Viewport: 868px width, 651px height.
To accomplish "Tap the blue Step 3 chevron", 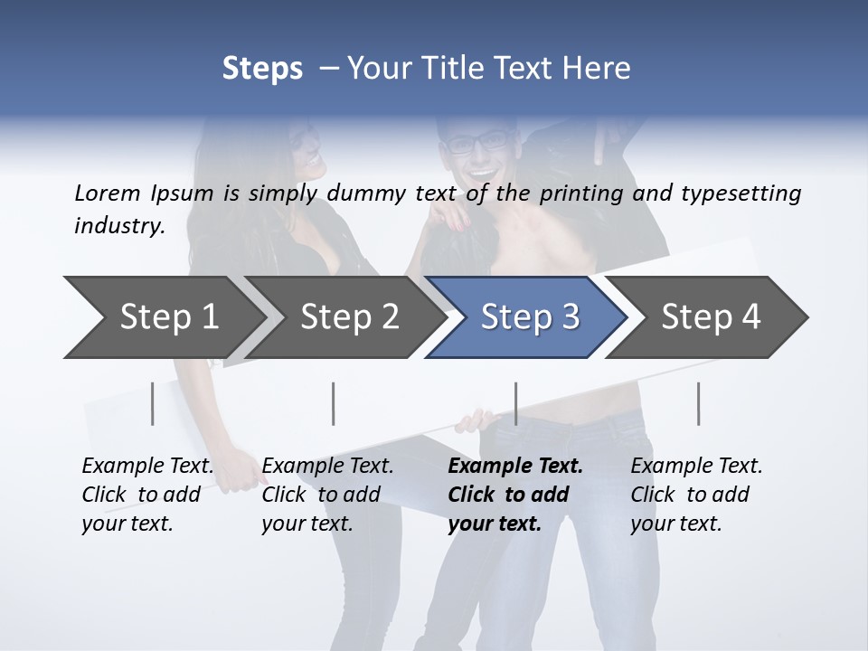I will (x=530, y=317).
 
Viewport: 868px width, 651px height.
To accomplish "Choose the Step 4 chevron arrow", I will (x=711, y=317).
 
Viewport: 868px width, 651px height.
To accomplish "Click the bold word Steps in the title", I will (x=262, y=69).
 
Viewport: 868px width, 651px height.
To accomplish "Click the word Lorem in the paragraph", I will (x=107, y=193).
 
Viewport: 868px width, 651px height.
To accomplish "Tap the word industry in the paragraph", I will (x=119, y=225).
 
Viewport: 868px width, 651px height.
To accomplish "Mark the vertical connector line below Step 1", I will (x=153, y=403).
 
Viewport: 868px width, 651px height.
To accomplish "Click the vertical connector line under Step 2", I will (x=334, y=403).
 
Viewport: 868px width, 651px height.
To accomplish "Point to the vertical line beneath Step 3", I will (x=515, y=403).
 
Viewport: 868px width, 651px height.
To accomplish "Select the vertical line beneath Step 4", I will (x=698, y=403).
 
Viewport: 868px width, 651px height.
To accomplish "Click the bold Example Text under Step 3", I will (x=515, y=467).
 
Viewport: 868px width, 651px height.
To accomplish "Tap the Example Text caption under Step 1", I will (x=147, y=467).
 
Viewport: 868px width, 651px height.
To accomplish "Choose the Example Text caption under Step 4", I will (x=696, y=467).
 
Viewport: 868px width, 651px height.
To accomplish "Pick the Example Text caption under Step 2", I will (x=327, y=467).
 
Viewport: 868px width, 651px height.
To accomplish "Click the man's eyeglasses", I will (x=479, y=141).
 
